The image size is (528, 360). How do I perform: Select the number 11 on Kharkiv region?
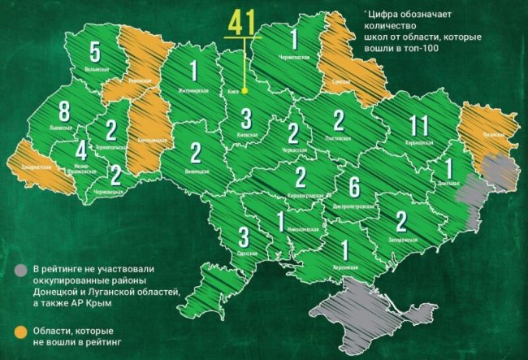click(x=418, y=126)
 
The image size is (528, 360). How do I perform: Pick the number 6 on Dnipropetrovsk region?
click(x=354, y=186)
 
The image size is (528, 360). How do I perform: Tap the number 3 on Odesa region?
click(x=244, y=237)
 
